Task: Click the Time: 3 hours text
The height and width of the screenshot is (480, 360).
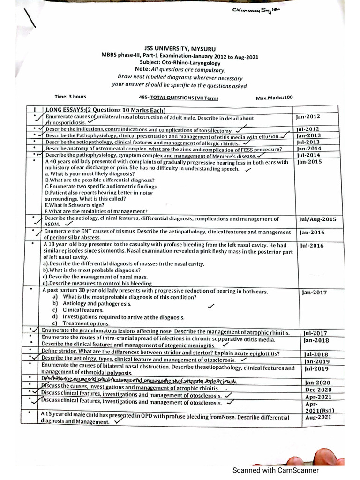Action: coord(70,97)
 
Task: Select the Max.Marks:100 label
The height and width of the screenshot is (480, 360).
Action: coord(274,97)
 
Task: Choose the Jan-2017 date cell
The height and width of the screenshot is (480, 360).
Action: coord(314,292)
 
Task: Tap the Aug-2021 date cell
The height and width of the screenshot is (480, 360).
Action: coord(318,417)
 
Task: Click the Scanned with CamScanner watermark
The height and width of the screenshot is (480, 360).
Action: coord(277,470)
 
